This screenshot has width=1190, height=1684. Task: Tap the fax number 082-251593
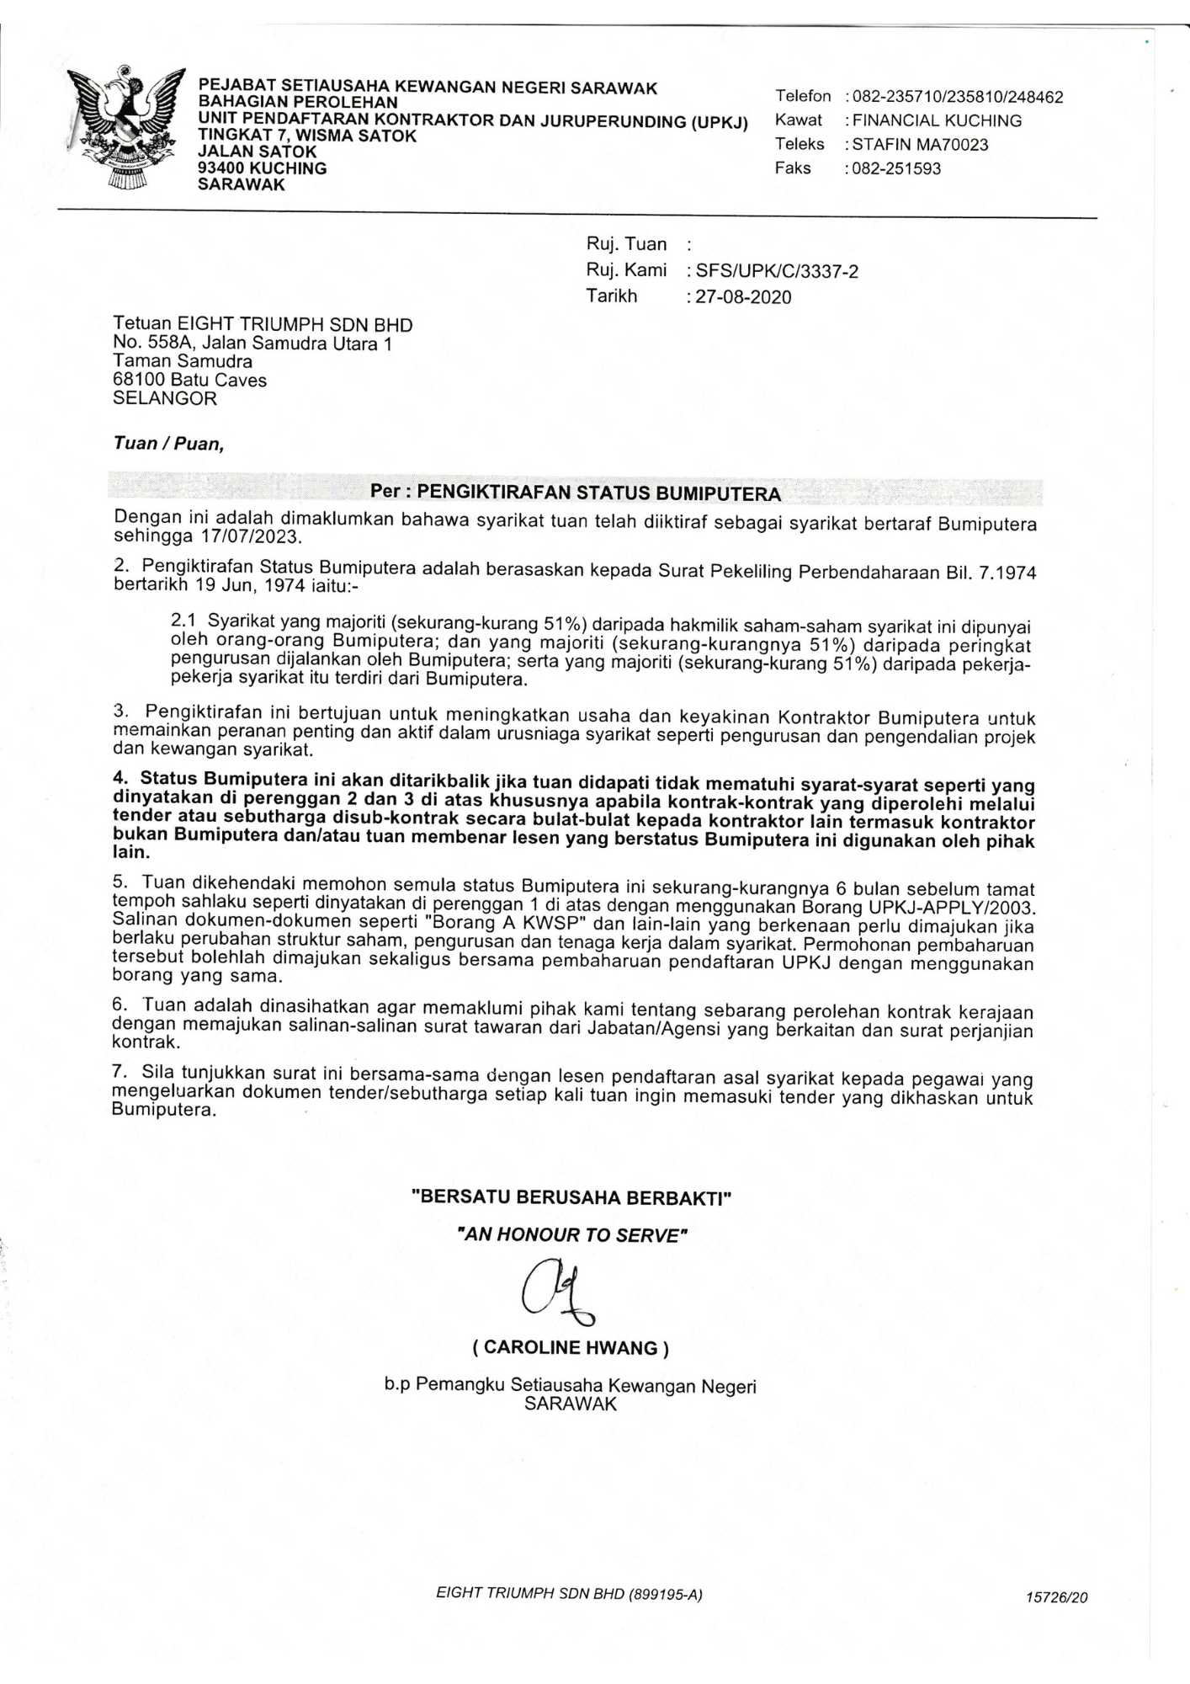(x=896, y=168)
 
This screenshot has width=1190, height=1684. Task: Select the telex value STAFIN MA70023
(x=920, y=145)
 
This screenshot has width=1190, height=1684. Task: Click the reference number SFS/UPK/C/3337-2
(x=777, y=271)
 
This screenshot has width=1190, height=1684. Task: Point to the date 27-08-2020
(x=743, y=297)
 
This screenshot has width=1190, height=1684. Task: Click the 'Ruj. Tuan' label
(x=626, y=244)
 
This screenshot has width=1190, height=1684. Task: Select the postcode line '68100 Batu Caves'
(x=189, y=380)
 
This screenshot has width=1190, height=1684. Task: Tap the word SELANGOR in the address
(x=165, y=398)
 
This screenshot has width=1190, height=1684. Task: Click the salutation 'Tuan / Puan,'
(x=169, y=444)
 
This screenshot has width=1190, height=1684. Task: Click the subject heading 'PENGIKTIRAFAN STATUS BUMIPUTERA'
(x=598, y=493)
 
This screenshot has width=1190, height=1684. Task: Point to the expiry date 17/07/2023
(x=250, y=536)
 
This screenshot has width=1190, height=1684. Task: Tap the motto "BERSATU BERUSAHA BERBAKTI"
(x=571, y=1197)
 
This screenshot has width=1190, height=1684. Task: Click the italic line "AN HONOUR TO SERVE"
(x=572, y=1235)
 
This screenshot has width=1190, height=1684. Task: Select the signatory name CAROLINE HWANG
(x=571, y=1348)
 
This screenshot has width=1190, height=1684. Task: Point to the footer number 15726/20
(x=1056, y=1597)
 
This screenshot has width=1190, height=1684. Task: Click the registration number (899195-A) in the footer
(x=665, y=1594)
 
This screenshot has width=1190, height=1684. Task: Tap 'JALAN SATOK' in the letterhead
(x=257, y=152)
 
